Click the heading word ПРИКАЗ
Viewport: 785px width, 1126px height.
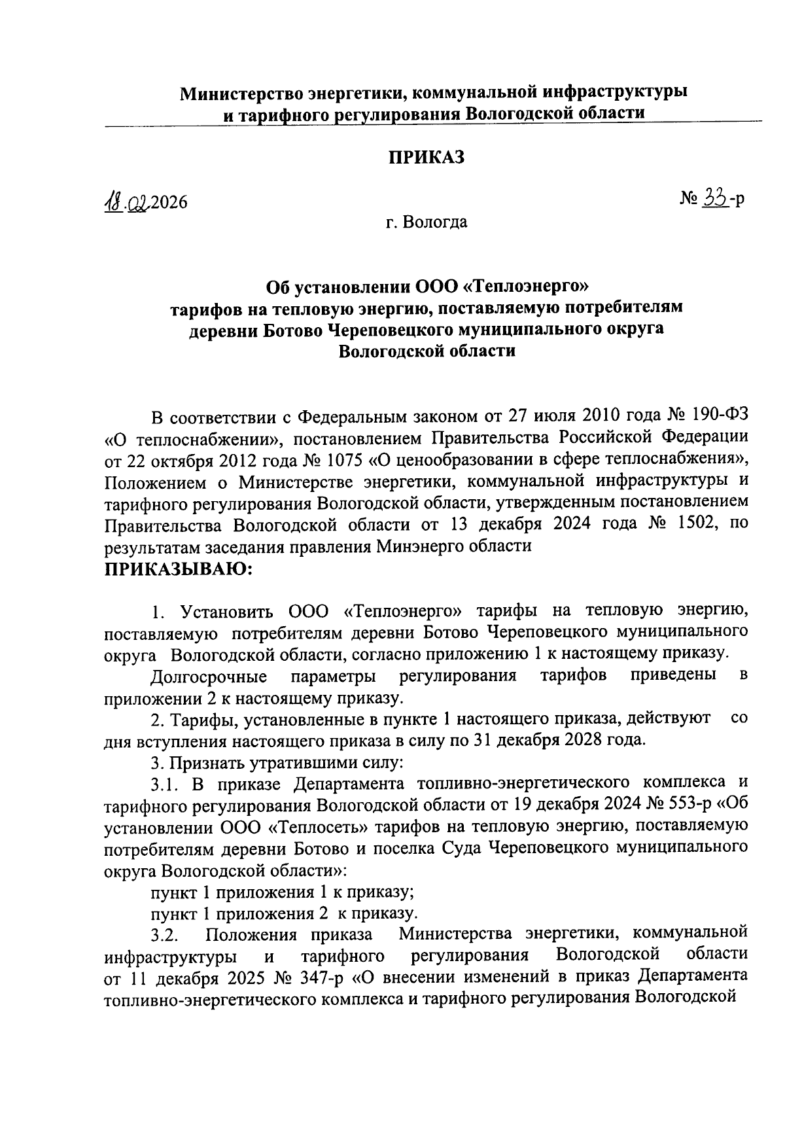(x=427, y=158)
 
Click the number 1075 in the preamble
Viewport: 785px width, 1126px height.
(x=341, y=460)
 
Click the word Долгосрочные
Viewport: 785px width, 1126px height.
(x=208, y=675)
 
